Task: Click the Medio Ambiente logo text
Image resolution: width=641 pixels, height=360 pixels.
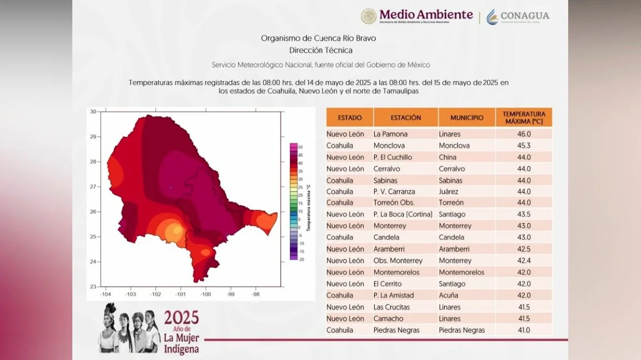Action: [426, 15]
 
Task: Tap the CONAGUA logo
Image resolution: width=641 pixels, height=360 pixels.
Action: [518, 17]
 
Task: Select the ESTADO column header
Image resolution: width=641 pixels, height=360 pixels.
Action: [350, 118]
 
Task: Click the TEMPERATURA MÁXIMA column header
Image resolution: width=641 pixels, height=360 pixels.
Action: [524, 117]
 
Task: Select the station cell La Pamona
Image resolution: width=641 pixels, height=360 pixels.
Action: [391, 134]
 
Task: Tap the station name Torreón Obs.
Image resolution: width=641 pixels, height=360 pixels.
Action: [394, 203]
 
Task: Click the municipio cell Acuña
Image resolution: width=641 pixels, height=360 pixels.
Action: [448, 295]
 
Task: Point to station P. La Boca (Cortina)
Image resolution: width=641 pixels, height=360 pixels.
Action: [403, 214]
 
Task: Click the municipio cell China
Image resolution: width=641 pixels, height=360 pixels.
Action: [448, 157]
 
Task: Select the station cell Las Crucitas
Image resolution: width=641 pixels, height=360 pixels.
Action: [392, 307]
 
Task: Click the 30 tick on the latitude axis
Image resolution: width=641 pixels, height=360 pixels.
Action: [93, 111]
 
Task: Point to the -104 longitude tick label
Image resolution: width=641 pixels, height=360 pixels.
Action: [105, 294]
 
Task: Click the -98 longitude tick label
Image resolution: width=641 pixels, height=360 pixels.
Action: [255, 294]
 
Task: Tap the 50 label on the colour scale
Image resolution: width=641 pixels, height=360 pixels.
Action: [300, 147]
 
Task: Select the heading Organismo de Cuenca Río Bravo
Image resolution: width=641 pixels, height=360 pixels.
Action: [321, 38]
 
